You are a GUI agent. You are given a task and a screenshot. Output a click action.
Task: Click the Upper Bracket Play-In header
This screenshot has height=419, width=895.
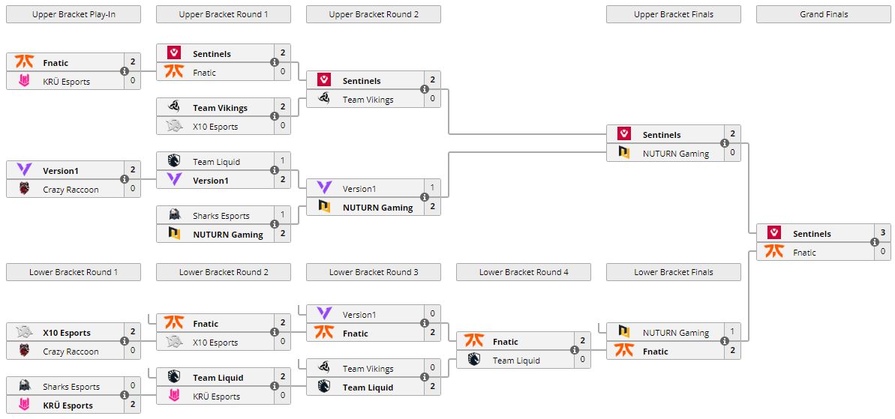click(x=74, y=14)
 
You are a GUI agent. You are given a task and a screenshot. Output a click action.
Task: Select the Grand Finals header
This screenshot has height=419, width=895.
click(x=823, y=14)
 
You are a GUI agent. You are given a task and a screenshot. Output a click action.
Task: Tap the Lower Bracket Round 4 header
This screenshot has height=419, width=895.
click(x=524, y=272)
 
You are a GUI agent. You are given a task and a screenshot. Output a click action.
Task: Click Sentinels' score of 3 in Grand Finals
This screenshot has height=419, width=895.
click(x=883, y=233)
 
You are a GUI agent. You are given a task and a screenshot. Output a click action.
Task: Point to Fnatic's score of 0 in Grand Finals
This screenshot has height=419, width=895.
click(x=883, y=253)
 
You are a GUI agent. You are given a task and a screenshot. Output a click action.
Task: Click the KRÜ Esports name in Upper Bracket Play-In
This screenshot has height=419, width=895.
click(x=67, y=82)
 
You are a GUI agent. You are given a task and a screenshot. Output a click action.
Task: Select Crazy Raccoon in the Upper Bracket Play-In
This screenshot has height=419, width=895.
click(x=71, y=190)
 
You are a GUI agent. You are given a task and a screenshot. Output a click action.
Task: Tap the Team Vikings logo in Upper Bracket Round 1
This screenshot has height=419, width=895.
click(x=174, y=108)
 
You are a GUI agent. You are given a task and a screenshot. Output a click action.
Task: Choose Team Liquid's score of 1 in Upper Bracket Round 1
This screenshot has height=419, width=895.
click(x=283, y=161)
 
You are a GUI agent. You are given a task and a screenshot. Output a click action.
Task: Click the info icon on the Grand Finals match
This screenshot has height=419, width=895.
click(x=875, y=243)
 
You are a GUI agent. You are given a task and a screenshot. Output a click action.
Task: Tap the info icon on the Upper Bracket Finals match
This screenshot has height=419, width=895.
click(x=725, y=144)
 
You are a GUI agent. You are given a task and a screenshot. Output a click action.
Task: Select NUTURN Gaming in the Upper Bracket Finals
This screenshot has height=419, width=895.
click(x=675, y=154)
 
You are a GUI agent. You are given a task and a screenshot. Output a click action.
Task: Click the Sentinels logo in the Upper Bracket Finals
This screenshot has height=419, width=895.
click(x=624, y=134)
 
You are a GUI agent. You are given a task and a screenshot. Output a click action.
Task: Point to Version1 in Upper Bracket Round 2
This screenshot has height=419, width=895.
click(x=359, y=189)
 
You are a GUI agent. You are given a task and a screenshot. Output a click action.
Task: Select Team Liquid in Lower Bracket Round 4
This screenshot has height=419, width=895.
click(x=516, y=361)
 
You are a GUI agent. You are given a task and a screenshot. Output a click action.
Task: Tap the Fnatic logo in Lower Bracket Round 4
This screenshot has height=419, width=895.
click(x=474, y=342)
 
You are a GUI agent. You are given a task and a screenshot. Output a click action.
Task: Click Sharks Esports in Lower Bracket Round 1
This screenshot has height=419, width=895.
click(x=71, y=387)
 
